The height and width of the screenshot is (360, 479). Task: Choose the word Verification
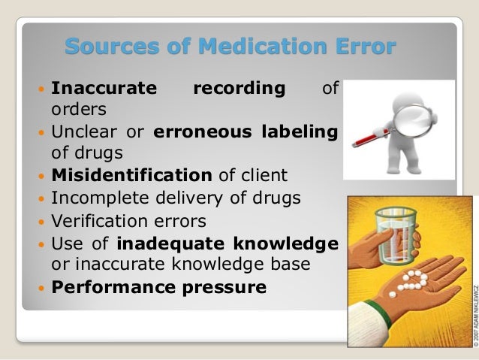(x=97, y=222)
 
